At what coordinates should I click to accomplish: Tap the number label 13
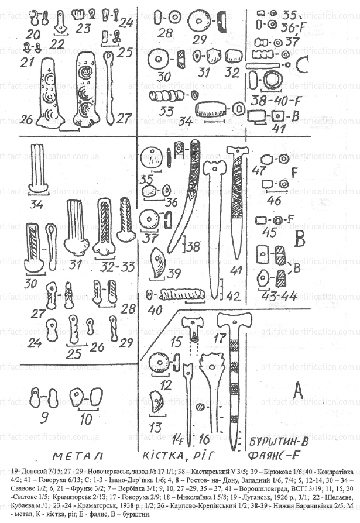coord(156,425)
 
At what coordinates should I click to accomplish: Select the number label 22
coord(57,43)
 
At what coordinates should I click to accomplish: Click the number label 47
coord(256,170)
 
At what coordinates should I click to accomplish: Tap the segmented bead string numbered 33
coord(168,95)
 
